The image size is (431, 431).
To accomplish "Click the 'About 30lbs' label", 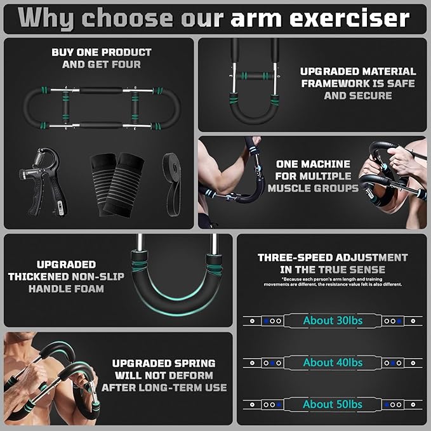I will pyautogui.click(x=333, y=320).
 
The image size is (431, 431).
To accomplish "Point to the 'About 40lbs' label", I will pyautogui.click(x=333, y=362).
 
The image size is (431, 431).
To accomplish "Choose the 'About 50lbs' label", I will pyautogui.click(x=333, y=404).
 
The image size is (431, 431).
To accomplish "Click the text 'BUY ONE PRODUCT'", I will pyautogui.click(x=102, y=52).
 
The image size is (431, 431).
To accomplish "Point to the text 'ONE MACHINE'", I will pyautogui.click(x=313, y=164).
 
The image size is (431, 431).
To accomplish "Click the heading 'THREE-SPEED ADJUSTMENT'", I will pyautogui.click(x=333, y=258).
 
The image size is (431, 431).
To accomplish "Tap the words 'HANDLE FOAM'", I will pyautogui.click(x=66, y=289).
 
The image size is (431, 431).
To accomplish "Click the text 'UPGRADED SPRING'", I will pyautogui.click(x=164, y=364).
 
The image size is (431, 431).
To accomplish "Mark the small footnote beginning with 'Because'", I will pyautogui.click(x=333, y=281).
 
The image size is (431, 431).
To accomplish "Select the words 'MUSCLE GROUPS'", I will pyautogui.click(x=313, y=189).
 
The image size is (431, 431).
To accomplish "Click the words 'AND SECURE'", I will pyautogui.click(x=358, y=96).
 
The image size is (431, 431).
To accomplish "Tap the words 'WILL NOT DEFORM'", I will pyautogui.click(x=164, y=376).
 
